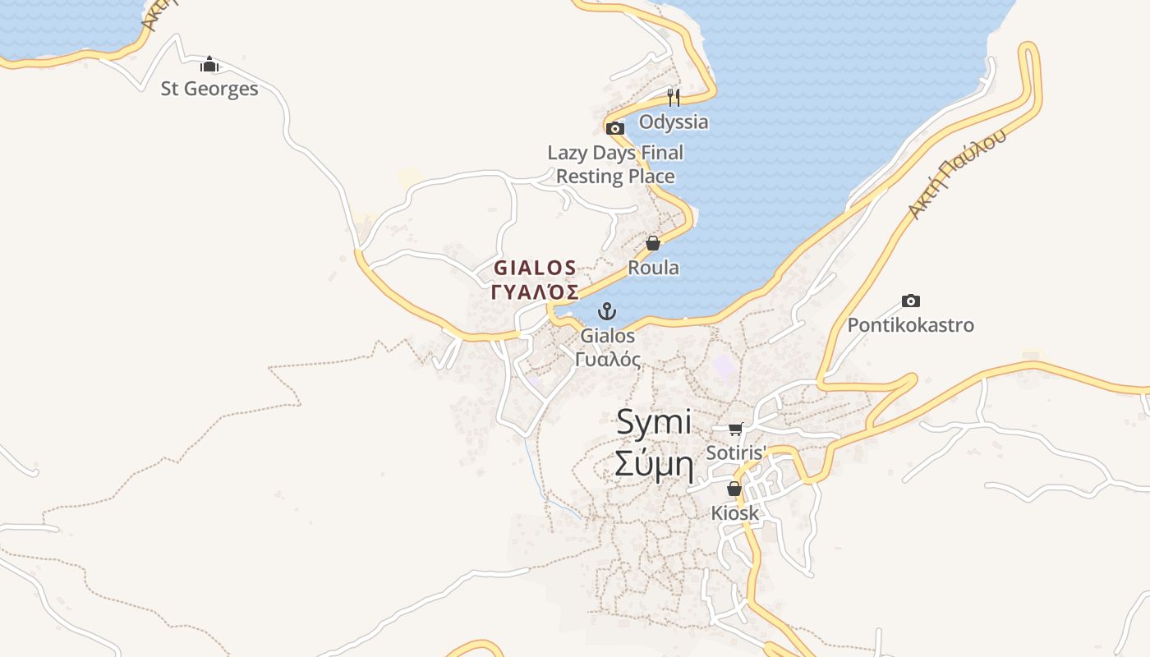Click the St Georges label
pyautogui.click(x=209, y=89)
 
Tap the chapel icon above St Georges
pyautogui.click(x=209, y=64)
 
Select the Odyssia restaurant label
pyautogui.click(x=674, y=122)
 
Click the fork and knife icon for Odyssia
pyautogui.click(x=674, y=98)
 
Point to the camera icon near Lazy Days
pyautogui.click(x=615, y=128)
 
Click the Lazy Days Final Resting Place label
pyautogui.click(x=615, y=164)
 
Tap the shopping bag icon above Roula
pyautogui.click(x=653, y=243)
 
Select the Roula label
pyautogui.click(x=653, y=268)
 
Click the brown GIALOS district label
pyautogui.click(x=535, y=268)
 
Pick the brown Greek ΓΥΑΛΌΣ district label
pyautogui.click(x=535, y=292)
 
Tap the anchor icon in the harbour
pyautogui.click(x=606, y=311)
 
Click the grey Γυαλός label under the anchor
pyautogui.click(x=608, y=359)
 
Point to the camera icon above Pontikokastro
pyautogui.click(x=910, y=301)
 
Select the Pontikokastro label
pyautogui.click(x=910, y=325)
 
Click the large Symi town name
pyautogui.click(x=654, y=423)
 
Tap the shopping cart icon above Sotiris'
pyautogui.click(x=735, y=429)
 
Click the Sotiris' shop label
pyautogui.click(x=736, y=453)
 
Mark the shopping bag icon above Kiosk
pyautogui.click(x=734, y=489)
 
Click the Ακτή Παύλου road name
pyautogui.click(x=957, y=174)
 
